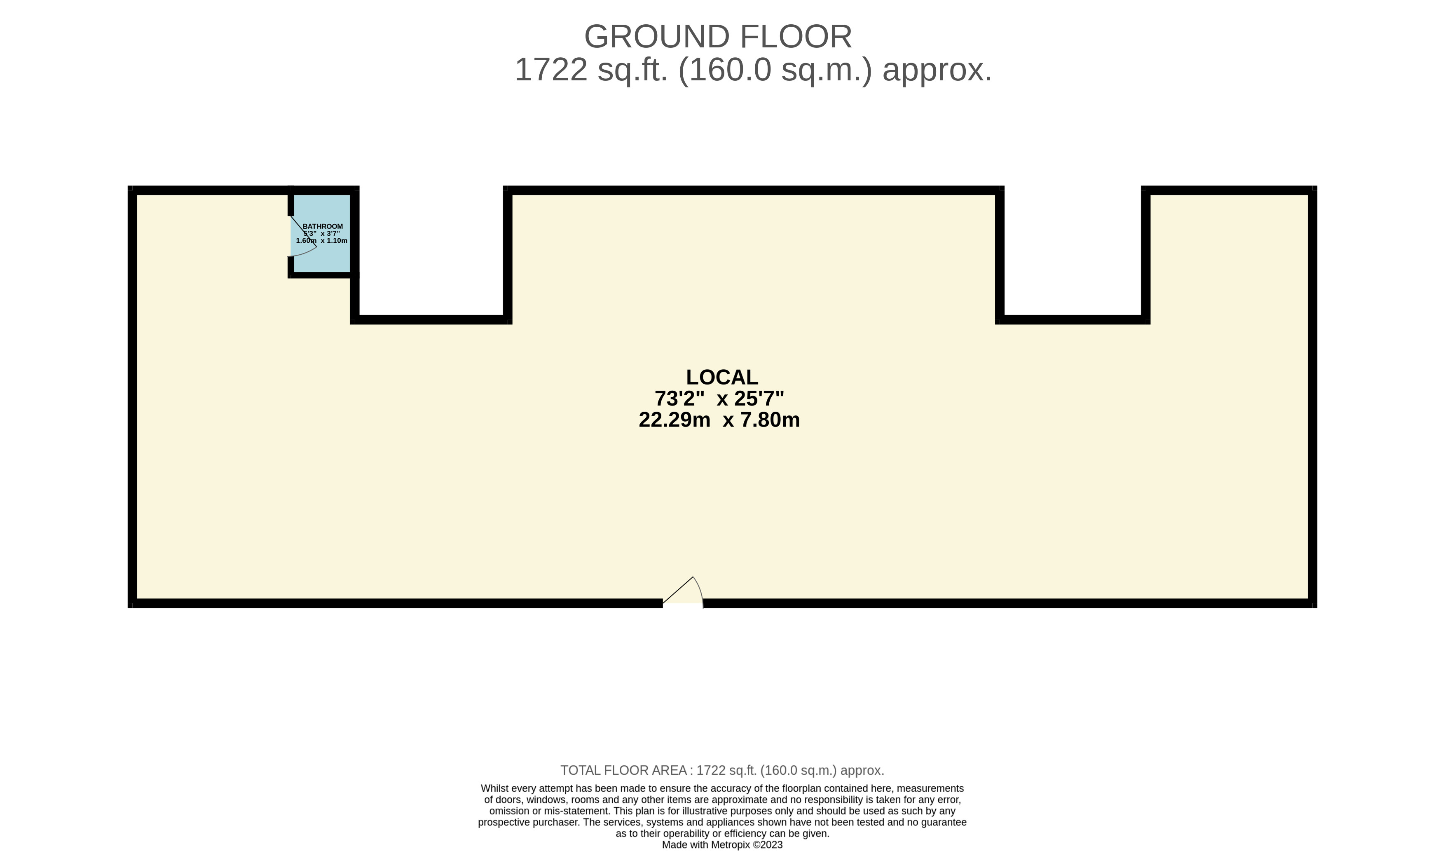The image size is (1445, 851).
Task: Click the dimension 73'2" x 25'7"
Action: [x=719, y=398]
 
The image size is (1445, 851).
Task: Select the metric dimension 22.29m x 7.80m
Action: [x=719, y=420]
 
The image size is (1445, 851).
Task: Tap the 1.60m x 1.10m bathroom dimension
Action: [x=322, y=241]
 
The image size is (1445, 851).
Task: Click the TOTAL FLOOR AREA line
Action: [x=722, y=770]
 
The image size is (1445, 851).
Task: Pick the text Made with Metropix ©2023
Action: [x=722, y=845]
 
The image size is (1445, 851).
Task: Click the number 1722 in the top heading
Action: [x=550, y=70]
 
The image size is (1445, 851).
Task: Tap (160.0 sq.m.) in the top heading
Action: [x=775, y=70]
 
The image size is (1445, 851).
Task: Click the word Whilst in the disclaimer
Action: [x=494, y=788]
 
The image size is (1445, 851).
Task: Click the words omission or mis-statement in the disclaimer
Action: [x=549, y=811]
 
